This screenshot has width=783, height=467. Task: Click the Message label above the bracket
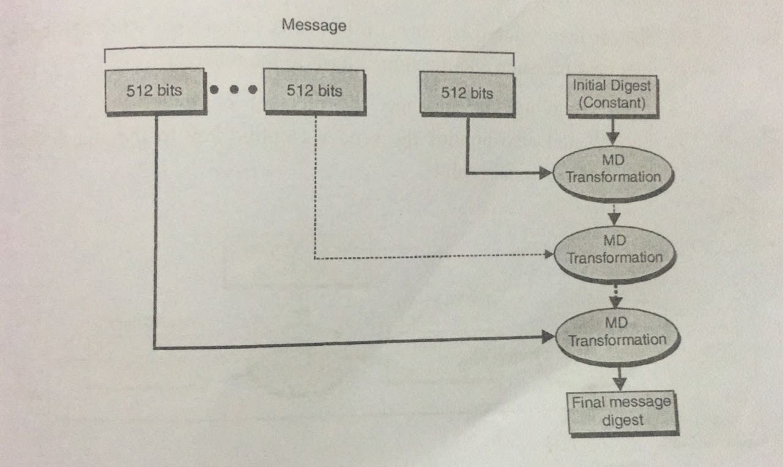[314, 26]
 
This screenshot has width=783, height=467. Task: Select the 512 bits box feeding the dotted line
[314, 91]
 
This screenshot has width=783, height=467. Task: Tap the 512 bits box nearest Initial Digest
[467, 93]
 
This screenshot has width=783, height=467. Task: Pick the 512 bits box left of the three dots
[154, 90]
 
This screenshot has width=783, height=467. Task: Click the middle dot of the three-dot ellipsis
[233, 89]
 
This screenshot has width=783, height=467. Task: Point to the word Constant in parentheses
[612, 103]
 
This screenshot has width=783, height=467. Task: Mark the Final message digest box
[622, 411]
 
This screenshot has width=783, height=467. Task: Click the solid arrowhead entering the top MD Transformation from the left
[545, 173]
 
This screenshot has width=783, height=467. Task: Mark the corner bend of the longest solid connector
[154, 348]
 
